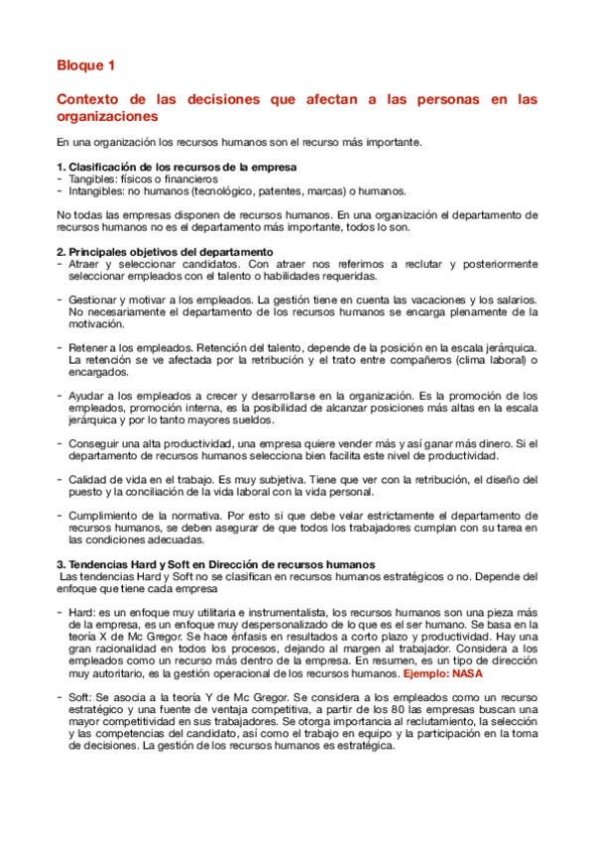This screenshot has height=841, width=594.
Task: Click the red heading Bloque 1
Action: tap(85, 66)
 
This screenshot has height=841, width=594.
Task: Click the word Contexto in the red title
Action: tap(90, 99)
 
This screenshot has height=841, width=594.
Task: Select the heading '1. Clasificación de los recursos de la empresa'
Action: tap(178, 166)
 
